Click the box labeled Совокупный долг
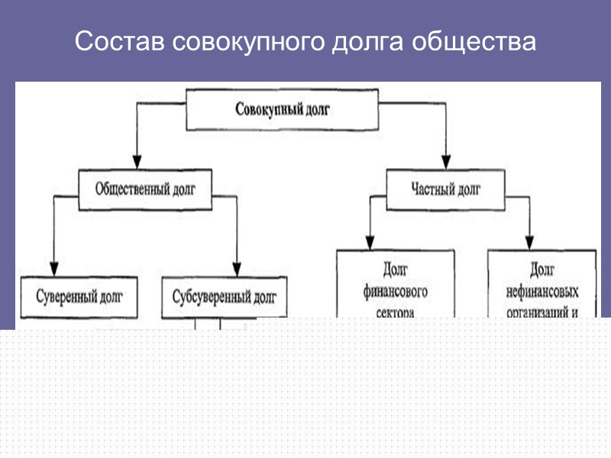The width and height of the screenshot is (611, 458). click(x=283, y=111)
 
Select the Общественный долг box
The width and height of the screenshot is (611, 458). click(x=144, y=189)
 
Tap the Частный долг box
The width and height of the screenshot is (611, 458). click(x=446, y=189)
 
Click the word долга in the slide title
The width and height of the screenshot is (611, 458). click(x=366, y=43)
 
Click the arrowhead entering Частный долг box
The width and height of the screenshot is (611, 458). click(x=445, y=163)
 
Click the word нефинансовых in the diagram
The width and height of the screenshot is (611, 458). click(x=542, y=292)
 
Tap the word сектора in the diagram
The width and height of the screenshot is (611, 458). click(x=395, y=311)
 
